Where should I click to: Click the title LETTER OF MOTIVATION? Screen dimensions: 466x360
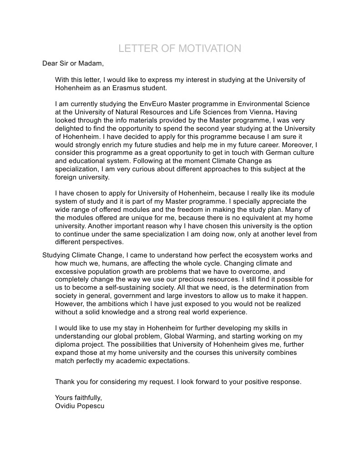[x=180, y=49]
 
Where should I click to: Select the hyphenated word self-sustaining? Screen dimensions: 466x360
[x=132, y=288]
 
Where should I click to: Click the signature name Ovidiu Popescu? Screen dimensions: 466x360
[x=80, y=406]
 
